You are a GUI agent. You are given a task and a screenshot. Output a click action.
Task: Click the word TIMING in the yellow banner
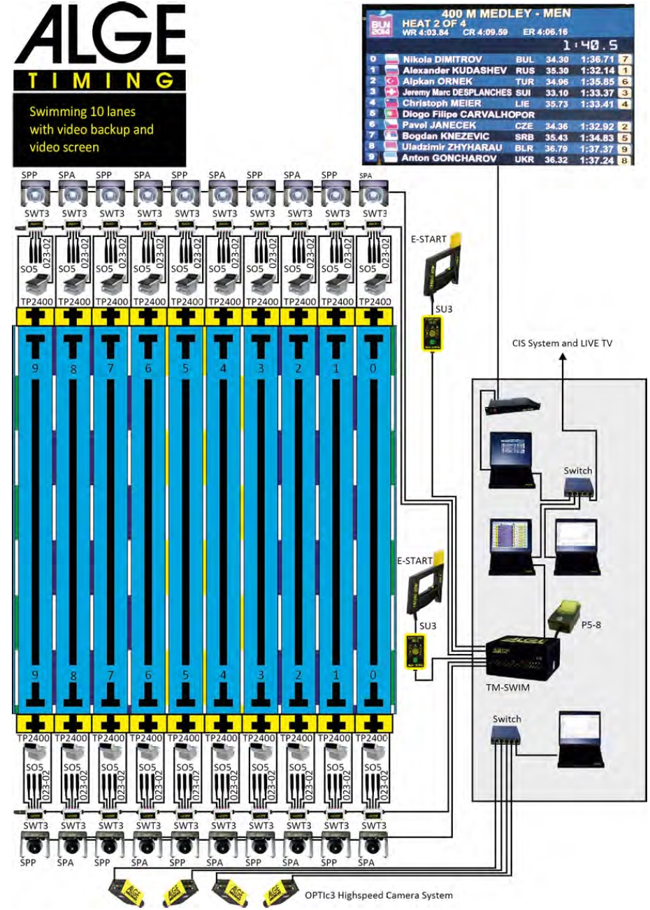point(100,81)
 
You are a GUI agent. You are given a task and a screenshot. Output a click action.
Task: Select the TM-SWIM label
point(507,688)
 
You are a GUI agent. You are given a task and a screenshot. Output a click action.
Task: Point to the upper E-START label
point(428,239)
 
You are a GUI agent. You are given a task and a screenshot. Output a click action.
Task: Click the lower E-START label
point(414,561)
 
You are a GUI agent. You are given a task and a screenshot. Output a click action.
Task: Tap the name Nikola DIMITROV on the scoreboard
point(442,60)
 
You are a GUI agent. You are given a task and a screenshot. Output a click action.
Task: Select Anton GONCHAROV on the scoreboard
point(449,159)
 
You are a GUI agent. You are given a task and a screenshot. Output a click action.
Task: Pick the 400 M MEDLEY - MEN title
point(506,13)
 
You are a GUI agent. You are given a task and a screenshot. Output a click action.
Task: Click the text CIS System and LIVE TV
point(562,343)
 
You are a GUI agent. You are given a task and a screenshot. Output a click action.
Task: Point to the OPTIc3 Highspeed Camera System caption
point(378,895)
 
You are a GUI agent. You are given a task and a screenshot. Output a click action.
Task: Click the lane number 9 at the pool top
point(35,368)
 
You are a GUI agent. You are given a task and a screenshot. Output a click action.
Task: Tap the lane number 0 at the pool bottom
point(373,675)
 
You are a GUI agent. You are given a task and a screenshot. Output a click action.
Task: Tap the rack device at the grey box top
point(514,405)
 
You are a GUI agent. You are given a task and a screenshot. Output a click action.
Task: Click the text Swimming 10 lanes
point(82,112)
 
